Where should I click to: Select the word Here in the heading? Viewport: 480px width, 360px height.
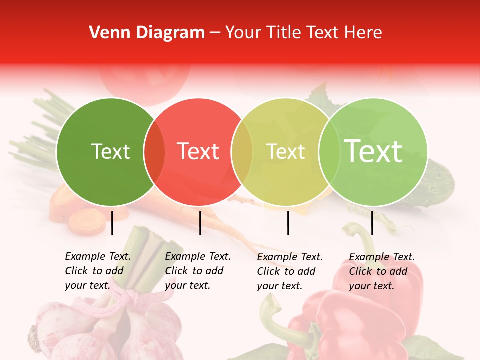coord(363,33)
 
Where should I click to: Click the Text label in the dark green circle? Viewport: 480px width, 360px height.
coord(110,151)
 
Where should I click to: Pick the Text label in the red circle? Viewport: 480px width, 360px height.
coord(198,151)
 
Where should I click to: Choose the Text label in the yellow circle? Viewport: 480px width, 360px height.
coord(285,151)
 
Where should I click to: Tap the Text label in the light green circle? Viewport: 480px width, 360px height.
coord(373,151)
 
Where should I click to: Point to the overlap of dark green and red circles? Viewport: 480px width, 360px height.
coord(154,152)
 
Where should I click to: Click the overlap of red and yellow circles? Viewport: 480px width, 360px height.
coord(242,152)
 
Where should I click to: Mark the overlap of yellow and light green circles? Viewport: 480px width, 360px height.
coord(329,152)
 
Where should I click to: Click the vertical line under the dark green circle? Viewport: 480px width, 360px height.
coord(112,223)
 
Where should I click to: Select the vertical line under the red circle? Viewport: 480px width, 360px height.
coord(200,223)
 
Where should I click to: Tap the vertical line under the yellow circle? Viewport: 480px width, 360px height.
coord(288,223)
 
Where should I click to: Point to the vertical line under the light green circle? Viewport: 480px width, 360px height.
coord(372,223)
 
